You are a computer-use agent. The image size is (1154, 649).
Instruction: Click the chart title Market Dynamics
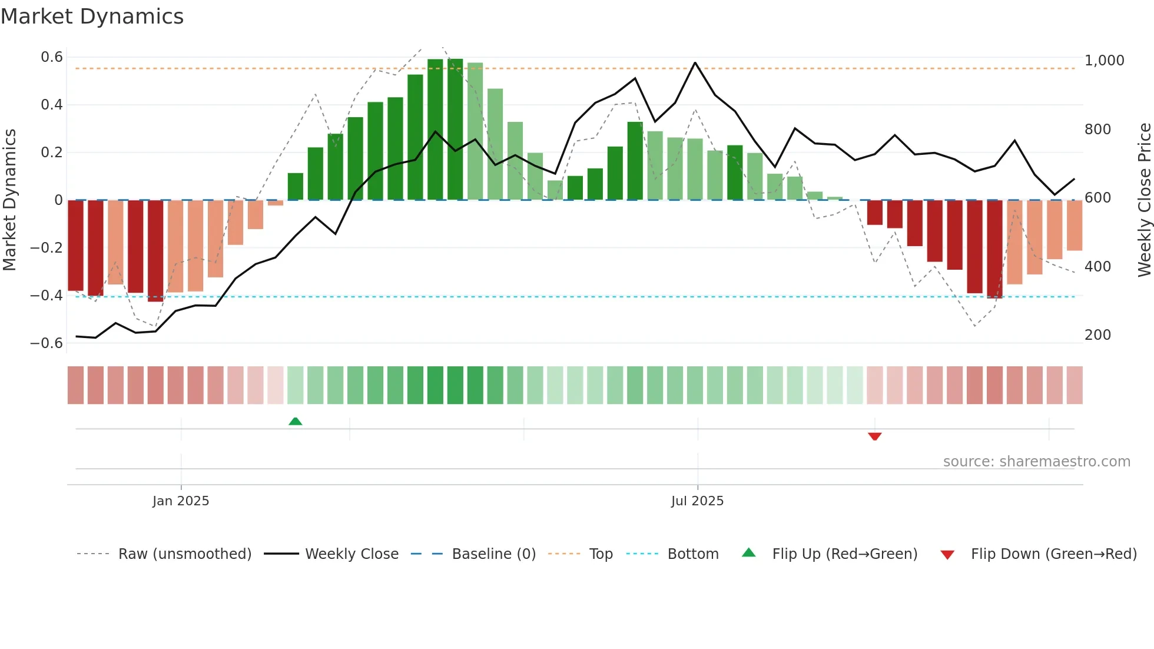(x=92, y=16)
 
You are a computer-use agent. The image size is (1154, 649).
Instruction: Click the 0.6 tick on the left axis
(x=52, y=57)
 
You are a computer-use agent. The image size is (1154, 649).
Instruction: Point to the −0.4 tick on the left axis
(x=47, y=296)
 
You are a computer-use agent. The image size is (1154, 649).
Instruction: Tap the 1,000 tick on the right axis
(x=1104, y=61)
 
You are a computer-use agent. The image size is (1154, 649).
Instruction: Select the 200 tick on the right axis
(x=1097, y=335)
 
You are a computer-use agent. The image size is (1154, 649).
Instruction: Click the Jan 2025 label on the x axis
(x=181, y=501)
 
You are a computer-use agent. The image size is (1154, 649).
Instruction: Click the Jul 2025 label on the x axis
(x=697, y=501)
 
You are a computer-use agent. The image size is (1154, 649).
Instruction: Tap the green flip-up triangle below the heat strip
(x=296, y=421)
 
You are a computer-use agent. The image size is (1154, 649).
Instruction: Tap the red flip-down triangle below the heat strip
(x=874, y=436)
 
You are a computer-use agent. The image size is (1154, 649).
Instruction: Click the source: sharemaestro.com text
(x=1036, y=462)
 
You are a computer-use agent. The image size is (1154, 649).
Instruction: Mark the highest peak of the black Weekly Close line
(x=695, y=62)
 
